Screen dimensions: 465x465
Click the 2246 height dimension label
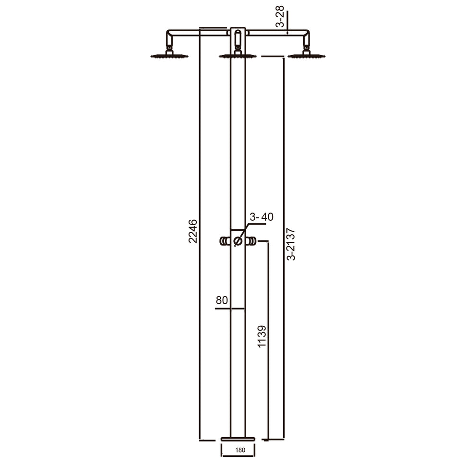click(x=193, y=231)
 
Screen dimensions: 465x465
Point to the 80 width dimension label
click(x=221, y=300)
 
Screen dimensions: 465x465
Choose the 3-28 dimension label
click(x=280, y=17)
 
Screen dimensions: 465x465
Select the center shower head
click(x=238, y=56)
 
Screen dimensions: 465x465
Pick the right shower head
click(x=306, y=56)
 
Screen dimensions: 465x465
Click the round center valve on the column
click(x=238, y=241)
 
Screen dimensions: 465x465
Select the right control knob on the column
click(x=251, y=241)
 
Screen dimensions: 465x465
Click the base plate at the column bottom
click(x=238, y=438)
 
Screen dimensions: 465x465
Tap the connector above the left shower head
click(x=169, y=48)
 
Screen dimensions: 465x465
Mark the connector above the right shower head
click(x=306, y=48)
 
